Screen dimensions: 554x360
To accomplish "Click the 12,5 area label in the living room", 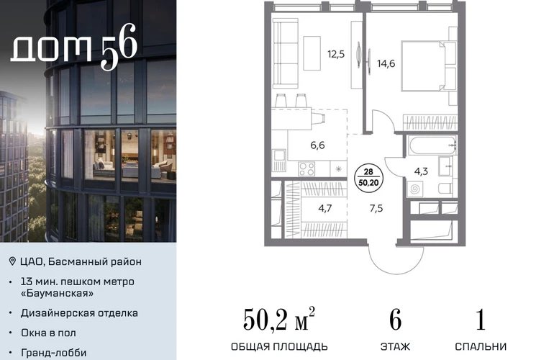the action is click(336, 55).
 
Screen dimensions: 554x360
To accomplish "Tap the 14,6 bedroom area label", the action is click(386, 63).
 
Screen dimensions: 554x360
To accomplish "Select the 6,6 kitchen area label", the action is click(317, 145).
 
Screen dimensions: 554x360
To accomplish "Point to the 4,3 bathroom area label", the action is click(421, 171).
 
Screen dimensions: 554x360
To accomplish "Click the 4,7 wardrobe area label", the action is click(325, 208).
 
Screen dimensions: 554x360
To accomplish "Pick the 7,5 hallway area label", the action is click(376, 208).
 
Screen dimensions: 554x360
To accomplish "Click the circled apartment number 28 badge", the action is click(368, 177).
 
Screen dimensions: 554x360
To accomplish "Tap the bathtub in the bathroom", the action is click(432, 145).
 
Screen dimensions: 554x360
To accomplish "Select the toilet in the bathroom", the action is click(445, 188).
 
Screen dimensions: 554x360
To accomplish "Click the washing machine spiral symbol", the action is click(415, 189).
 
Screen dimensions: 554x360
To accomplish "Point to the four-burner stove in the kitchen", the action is click(306, 168).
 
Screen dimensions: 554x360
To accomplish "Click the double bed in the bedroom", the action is click(429, 66).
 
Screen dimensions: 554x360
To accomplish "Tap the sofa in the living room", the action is click(286, 53).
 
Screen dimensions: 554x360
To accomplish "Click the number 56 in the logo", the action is click(119, 47).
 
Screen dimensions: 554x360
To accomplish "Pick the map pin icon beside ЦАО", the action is click(12, 261).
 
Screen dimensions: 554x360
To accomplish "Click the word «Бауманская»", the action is click(58, 293).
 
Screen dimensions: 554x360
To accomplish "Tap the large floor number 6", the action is click(396, 320).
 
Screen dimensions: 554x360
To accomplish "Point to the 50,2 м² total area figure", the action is click(278, 319).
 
